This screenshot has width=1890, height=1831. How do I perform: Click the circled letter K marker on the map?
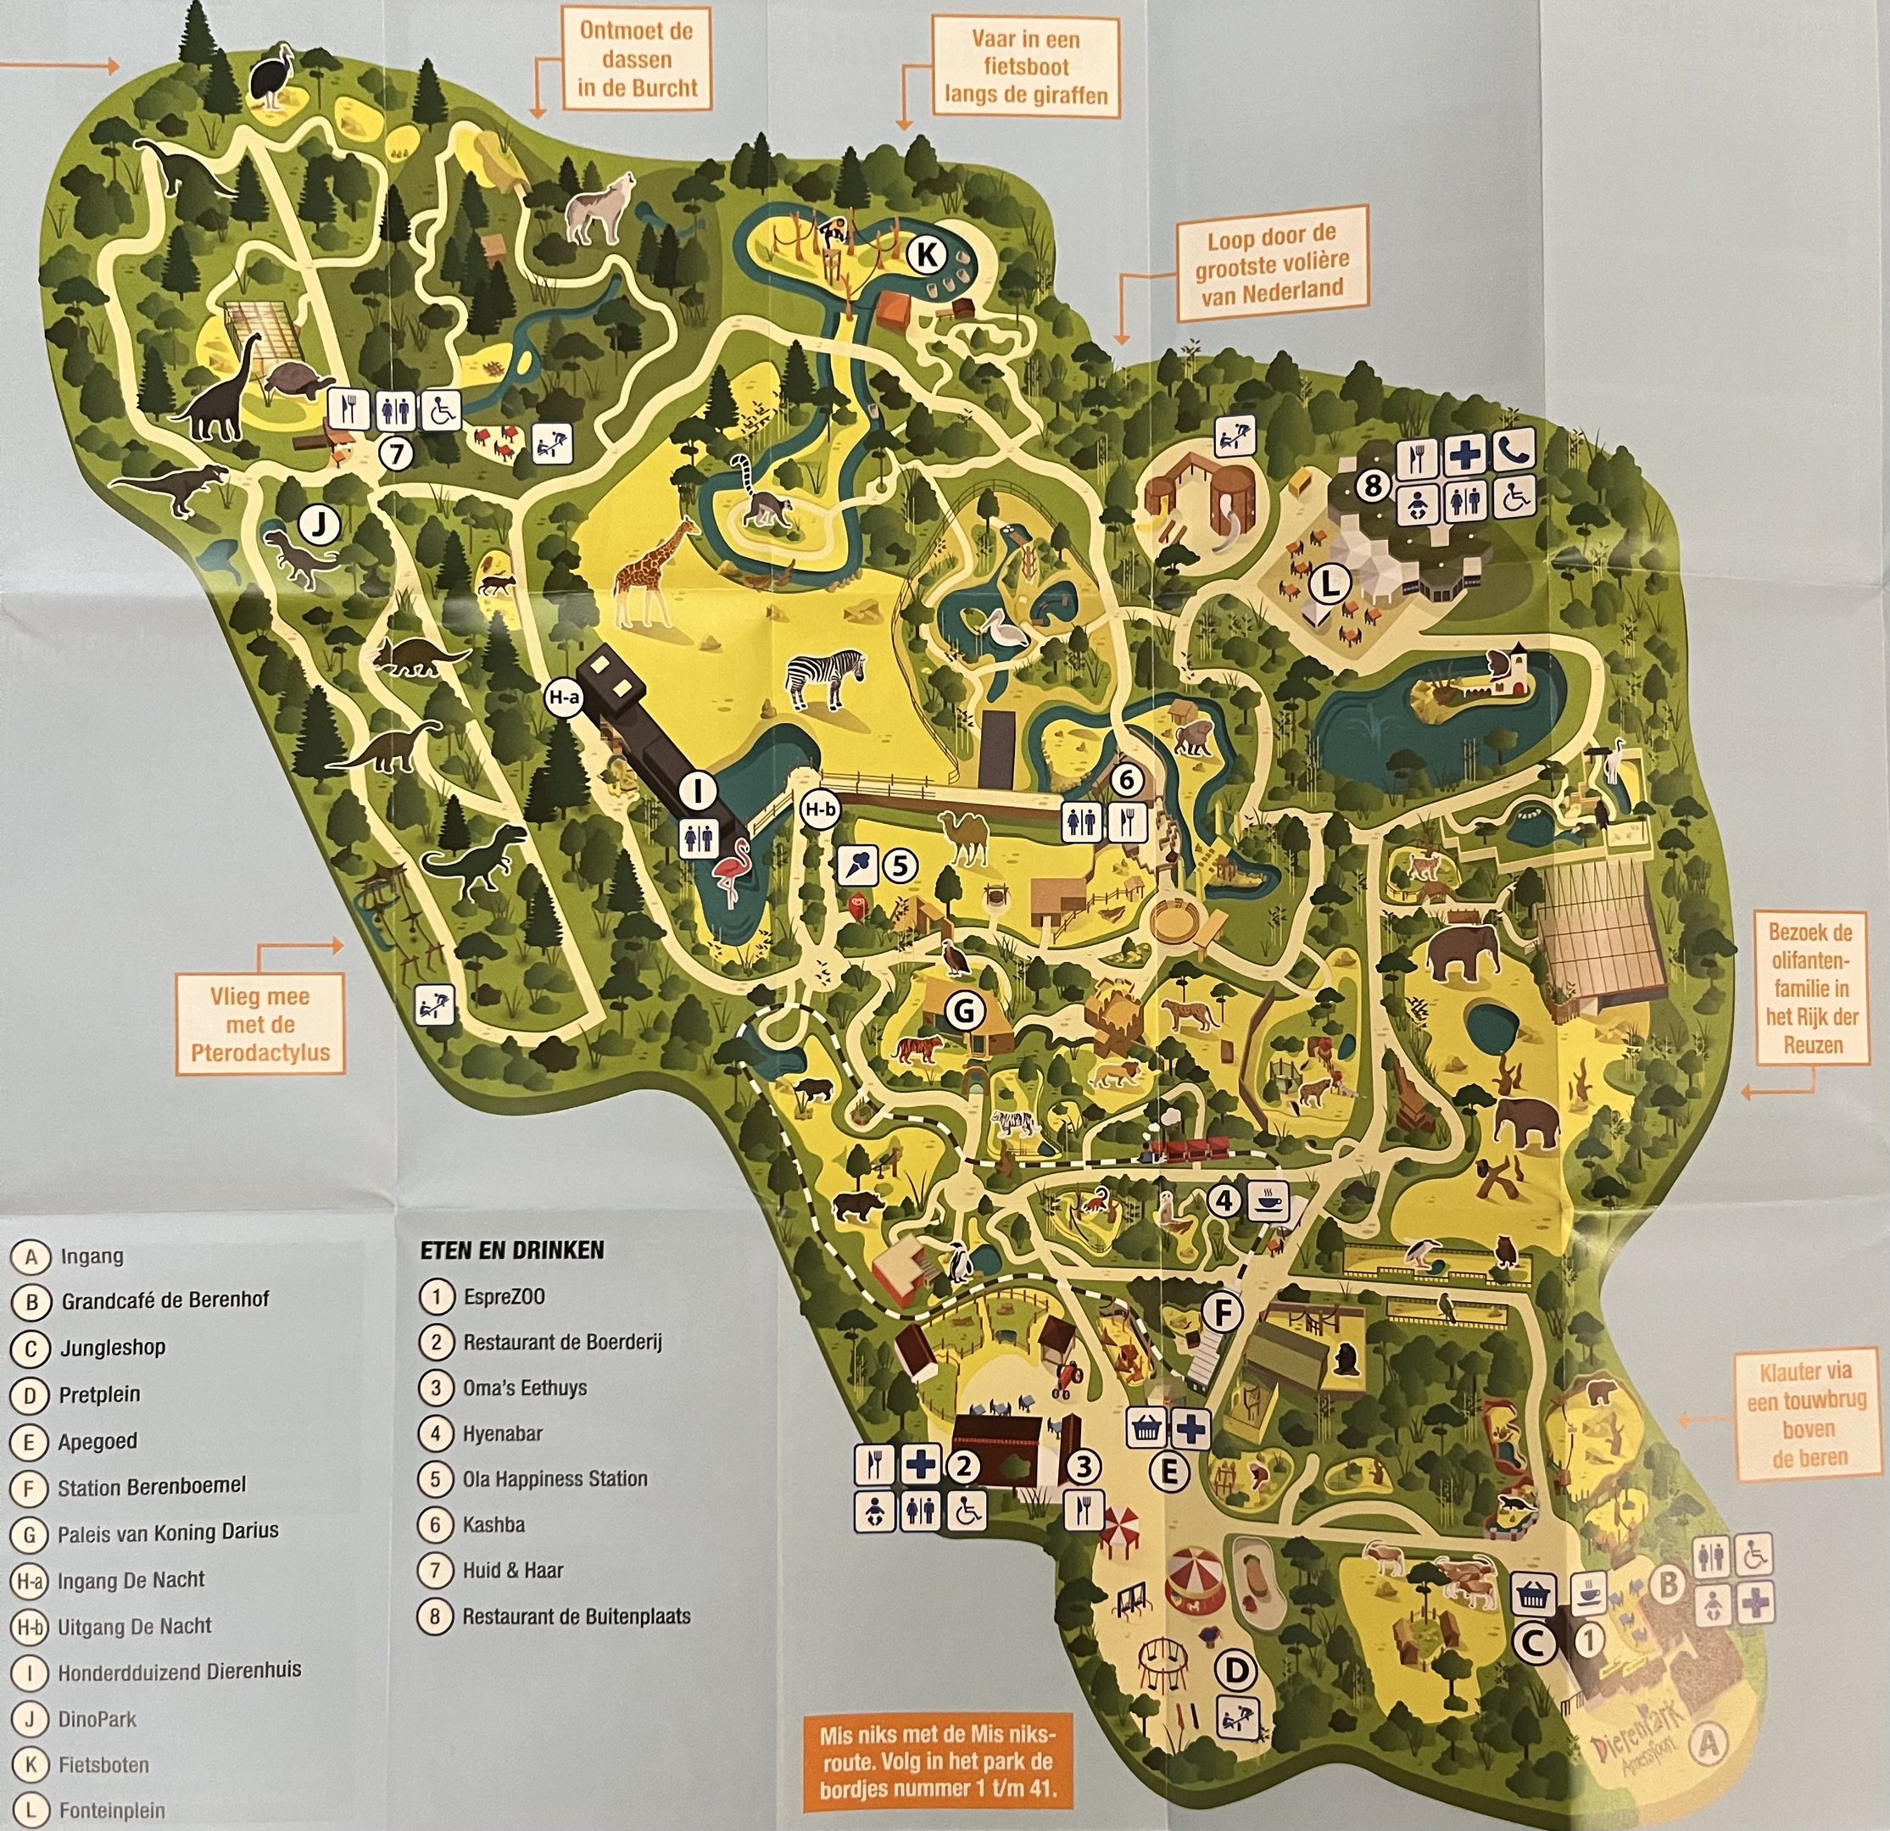point(927,254)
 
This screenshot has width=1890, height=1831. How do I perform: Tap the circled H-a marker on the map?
point(564,700)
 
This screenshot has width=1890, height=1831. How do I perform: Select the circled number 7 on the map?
point(395,452)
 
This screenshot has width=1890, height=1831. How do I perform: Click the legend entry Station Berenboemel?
point(152,1487)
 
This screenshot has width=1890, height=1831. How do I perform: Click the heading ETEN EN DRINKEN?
point(512,1250)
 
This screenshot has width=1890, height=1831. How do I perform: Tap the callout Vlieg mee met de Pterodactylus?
point(259,1024)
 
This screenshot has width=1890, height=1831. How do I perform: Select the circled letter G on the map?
point(963,1010)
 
